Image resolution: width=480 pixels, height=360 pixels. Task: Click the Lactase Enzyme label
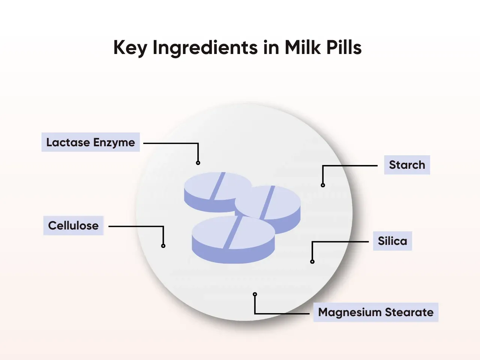[90, 142]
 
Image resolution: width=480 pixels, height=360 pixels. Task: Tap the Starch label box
[407, 165]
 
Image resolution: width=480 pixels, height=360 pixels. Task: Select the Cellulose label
[73, 225]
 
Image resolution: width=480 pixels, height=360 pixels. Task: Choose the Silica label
[392, 241]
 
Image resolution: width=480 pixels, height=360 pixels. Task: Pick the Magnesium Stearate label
[376, 312]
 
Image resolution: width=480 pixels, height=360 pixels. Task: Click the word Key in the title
[130, 48]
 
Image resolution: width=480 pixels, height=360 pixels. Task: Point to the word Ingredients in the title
[205, 48]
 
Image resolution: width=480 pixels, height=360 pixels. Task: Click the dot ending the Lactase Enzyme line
[198, 163]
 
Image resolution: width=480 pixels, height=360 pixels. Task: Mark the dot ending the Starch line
[323, 185]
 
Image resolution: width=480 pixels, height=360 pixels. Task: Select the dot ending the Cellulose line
[163, 246]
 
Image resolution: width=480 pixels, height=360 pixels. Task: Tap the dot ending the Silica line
[312, 262]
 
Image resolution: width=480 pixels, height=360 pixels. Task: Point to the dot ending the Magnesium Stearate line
[255, 294]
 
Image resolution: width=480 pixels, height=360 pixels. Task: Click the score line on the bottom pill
[233, 232]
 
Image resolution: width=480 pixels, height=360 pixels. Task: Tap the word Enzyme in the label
[114, 142]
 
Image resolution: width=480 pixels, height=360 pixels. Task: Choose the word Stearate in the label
[409, 312]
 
